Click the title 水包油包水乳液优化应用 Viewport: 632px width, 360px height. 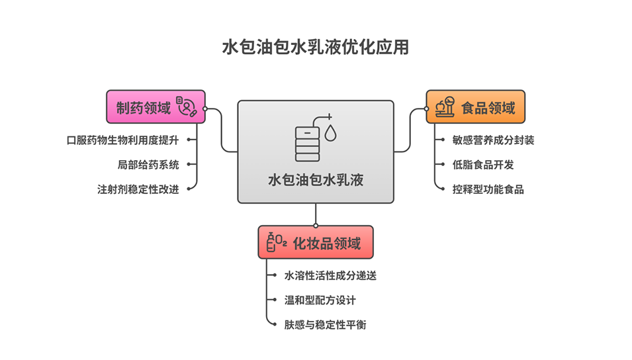point(316,48)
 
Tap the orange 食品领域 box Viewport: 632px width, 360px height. point(475,107)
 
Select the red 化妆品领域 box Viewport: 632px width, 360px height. point(315,242)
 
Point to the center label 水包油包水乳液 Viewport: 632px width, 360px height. point(316,179)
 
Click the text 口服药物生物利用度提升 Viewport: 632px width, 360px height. point(123,140)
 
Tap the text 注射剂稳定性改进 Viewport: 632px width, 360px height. point(138,189)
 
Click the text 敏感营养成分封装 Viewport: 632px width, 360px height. point(492,140)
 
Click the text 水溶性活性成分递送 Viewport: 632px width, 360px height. point(330,275)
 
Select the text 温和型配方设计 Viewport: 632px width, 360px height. point(320,300)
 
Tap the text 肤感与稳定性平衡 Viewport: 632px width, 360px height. point(325,324)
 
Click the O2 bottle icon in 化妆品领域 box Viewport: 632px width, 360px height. point(276,242)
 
